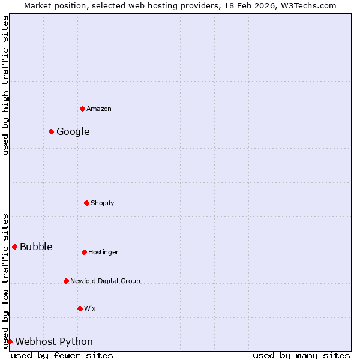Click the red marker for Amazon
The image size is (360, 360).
[x=83, y=109]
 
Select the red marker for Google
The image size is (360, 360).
[x=52, y=131]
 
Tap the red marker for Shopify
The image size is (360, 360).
[x=87, y=203]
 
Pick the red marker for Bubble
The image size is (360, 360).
[x=15, y=247]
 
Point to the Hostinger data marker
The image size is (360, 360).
[x=85, y=252]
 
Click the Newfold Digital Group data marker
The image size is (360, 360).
[x=67, y=281]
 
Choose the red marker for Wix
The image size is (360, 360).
[x=80, y=308]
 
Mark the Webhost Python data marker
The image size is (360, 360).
[x=10, y=341]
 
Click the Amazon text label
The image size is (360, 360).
[x=99, y=109]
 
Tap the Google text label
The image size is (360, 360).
[x=73, y=131]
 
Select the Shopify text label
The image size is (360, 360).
[x=103, y=203]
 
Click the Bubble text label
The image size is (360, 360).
[x=36, y=247]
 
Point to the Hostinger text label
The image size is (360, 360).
[x=104, y=252]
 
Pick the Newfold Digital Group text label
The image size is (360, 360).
[x=105, y=281]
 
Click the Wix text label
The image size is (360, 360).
[x=90, y=308]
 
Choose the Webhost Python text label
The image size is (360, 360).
[x=54, y=341]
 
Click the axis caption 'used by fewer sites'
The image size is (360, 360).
[x=62, y=355]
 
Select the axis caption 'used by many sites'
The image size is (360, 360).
[x=301, y=355]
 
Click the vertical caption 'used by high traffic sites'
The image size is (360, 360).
[x=5, y=85]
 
